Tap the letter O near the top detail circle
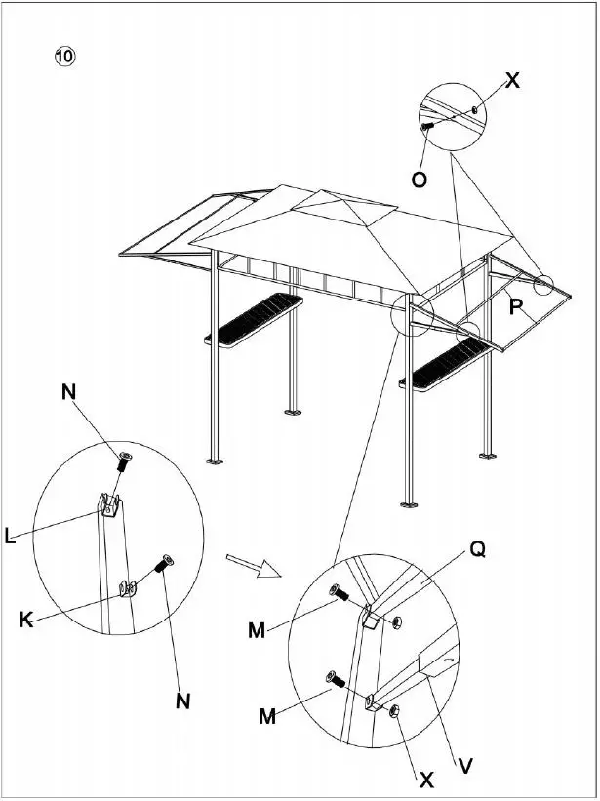click(418, 180)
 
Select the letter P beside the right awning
click(517, 307)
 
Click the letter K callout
click(26, 620)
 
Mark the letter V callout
click(466, 766)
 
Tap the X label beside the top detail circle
click(512, 82)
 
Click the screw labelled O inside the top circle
click(428, 126)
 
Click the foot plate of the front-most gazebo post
click(410, 503)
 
